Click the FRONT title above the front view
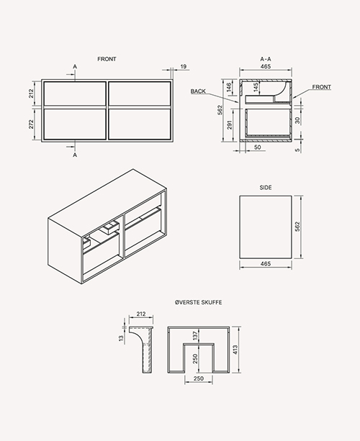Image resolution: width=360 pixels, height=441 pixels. pos(107,59)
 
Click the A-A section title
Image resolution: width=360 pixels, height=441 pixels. pos(266,59)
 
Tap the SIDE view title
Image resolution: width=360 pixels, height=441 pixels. pos(266,188)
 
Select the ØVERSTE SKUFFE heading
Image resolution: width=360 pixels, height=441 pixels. pos(199,302)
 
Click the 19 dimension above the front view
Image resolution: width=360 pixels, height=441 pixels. pos(183,67)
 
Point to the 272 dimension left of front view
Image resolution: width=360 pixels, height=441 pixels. pos(31,124)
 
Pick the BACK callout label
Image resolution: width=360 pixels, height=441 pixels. pos(198,91)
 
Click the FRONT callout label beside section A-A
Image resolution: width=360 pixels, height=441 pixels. pos(321,87)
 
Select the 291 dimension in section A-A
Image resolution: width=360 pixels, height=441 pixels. pos(230,124)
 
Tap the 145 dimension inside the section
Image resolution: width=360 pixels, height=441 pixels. pos(256,87)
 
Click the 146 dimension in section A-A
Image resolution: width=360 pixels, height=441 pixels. pos(229,87)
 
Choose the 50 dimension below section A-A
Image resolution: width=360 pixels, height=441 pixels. pos(257,147)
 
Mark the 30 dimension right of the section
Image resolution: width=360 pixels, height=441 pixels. pos(297,120)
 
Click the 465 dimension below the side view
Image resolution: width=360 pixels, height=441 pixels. pos(266,264)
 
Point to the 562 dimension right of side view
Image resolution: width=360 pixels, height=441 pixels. pos(297,227)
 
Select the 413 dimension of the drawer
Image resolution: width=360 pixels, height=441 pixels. pos(235,350)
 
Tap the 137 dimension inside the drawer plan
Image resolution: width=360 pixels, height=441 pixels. pos(196,335)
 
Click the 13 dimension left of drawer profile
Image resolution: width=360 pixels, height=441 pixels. pos(121,338)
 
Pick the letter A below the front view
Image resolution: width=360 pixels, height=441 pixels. pos(75,155)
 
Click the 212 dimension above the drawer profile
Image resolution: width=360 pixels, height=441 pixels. pos(140,314)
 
